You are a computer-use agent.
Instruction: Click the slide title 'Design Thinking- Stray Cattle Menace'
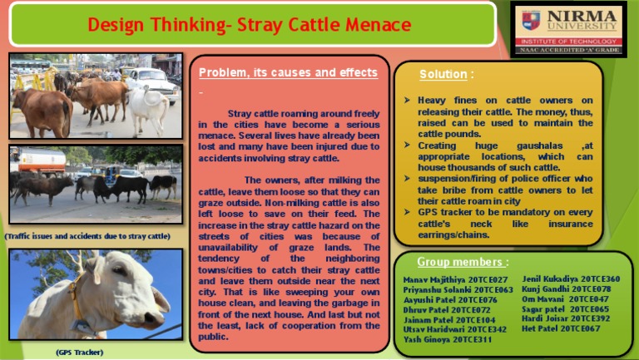point(250,25)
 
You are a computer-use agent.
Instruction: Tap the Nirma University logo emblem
point(530,19)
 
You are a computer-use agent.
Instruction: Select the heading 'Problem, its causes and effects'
point(288,73)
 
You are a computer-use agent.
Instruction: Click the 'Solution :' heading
point(447,75)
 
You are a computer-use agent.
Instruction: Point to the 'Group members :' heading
point(462,263)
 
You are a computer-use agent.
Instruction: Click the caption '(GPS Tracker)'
point(80,353)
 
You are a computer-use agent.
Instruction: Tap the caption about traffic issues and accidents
point(87,237)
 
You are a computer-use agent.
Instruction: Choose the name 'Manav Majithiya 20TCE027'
point(455,279)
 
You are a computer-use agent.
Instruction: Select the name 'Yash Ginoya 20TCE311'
point(448,339)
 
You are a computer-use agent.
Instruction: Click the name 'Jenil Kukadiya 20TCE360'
point(571,279)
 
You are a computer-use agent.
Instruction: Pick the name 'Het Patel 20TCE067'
point(561,328)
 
